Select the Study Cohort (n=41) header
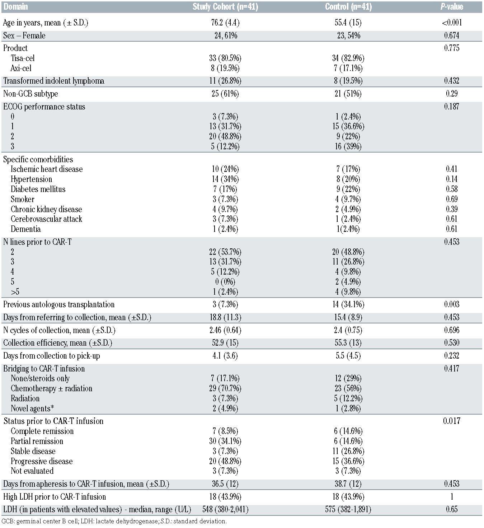(x=225, y=7)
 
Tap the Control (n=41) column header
(x=348, y=7)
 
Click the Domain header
(x=16, y=7)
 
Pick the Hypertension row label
(x=31, y=179)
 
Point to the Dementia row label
(x=25, y=229)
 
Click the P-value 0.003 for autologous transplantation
(x=451, y=304)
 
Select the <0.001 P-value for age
(x=451, y=23)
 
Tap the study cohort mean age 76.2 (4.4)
(x=225, y=23)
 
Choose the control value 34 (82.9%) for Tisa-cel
(x=348, y=58)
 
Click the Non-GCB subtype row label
(x=30, y=94)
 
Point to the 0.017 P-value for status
(x=451, y=421)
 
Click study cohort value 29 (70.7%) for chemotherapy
(x=225, y=388)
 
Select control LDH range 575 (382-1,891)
(x=348, y=509)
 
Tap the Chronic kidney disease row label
(x=46, y=209)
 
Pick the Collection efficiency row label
(x=57, y=343)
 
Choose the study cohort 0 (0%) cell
(x=225, y=282)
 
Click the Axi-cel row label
(x=21, y=68)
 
